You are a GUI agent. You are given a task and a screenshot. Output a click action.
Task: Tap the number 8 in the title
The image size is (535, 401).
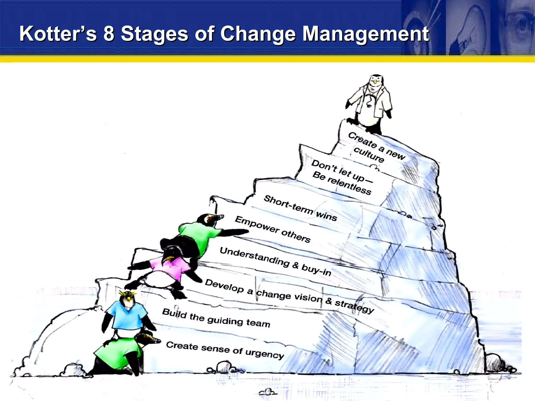tap(109, 34)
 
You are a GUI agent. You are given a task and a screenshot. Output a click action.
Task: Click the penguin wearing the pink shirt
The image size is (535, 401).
tap(170, 269)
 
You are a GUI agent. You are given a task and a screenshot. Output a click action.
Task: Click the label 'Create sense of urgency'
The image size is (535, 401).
tap(225, 350)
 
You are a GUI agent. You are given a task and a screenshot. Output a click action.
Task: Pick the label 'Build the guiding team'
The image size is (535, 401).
tap(216, 318)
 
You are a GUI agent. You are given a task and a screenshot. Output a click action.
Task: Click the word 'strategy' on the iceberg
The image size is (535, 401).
tap(354, 306)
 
